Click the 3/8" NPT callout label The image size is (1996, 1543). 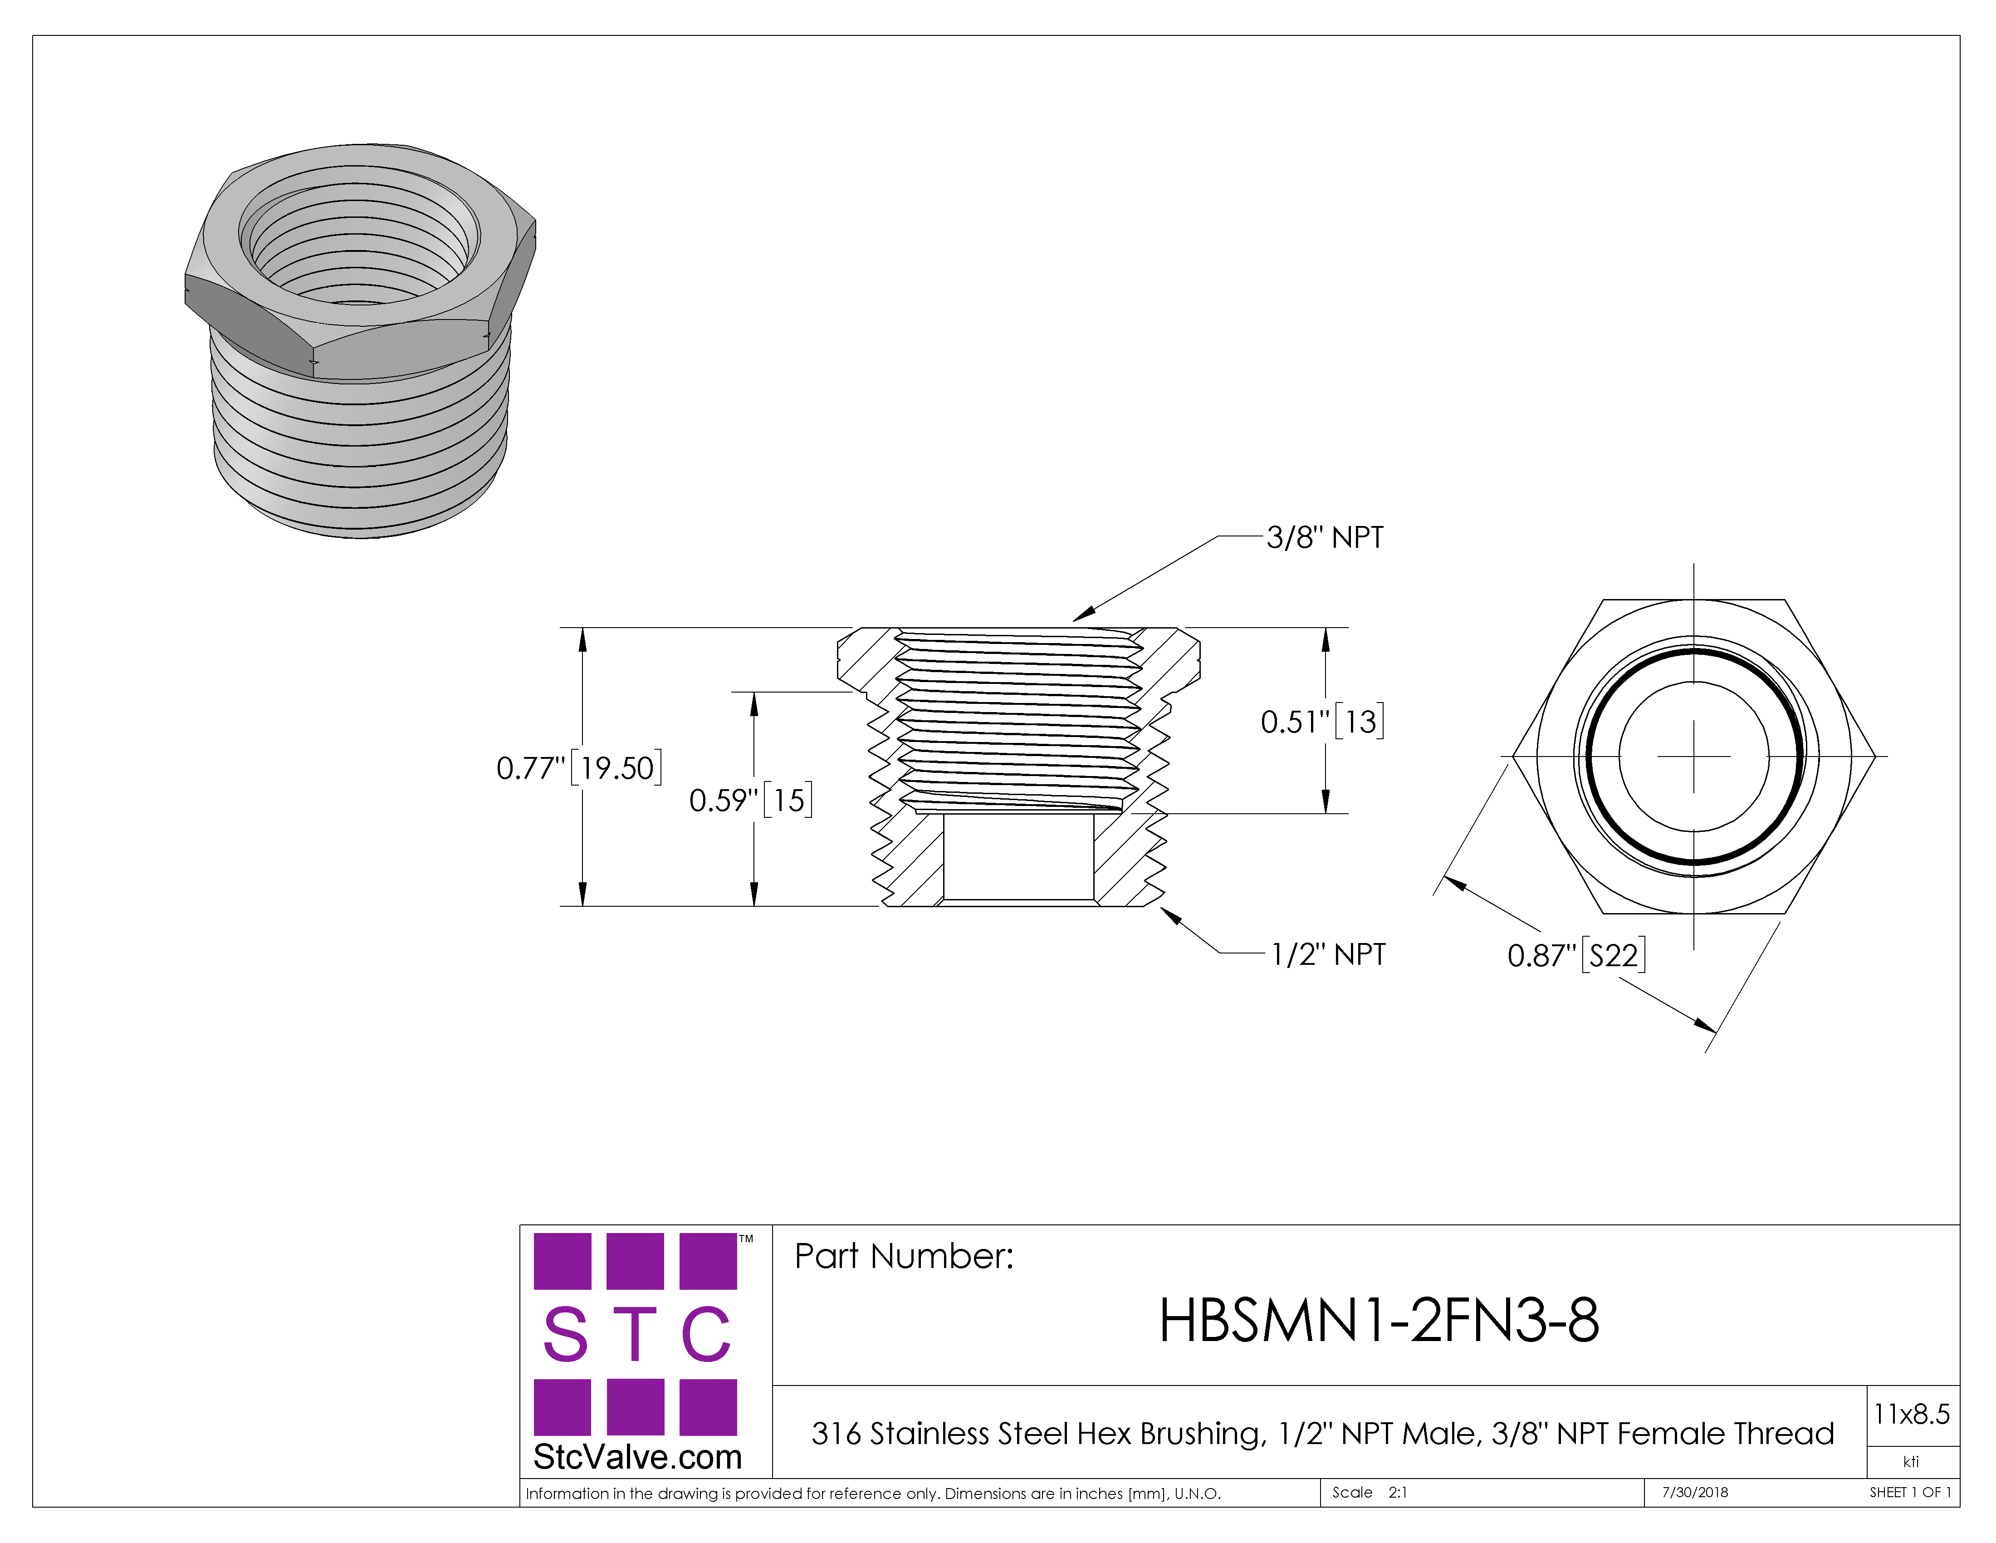1324,537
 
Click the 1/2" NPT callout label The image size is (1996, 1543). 1328,954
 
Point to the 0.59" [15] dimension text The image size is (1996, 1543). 750,800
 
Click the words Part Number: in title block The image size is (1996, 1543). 904,1256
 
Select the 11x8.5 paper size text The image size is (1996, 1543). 1911,1414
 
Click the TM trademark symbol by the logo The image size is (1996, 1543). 746,1239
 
